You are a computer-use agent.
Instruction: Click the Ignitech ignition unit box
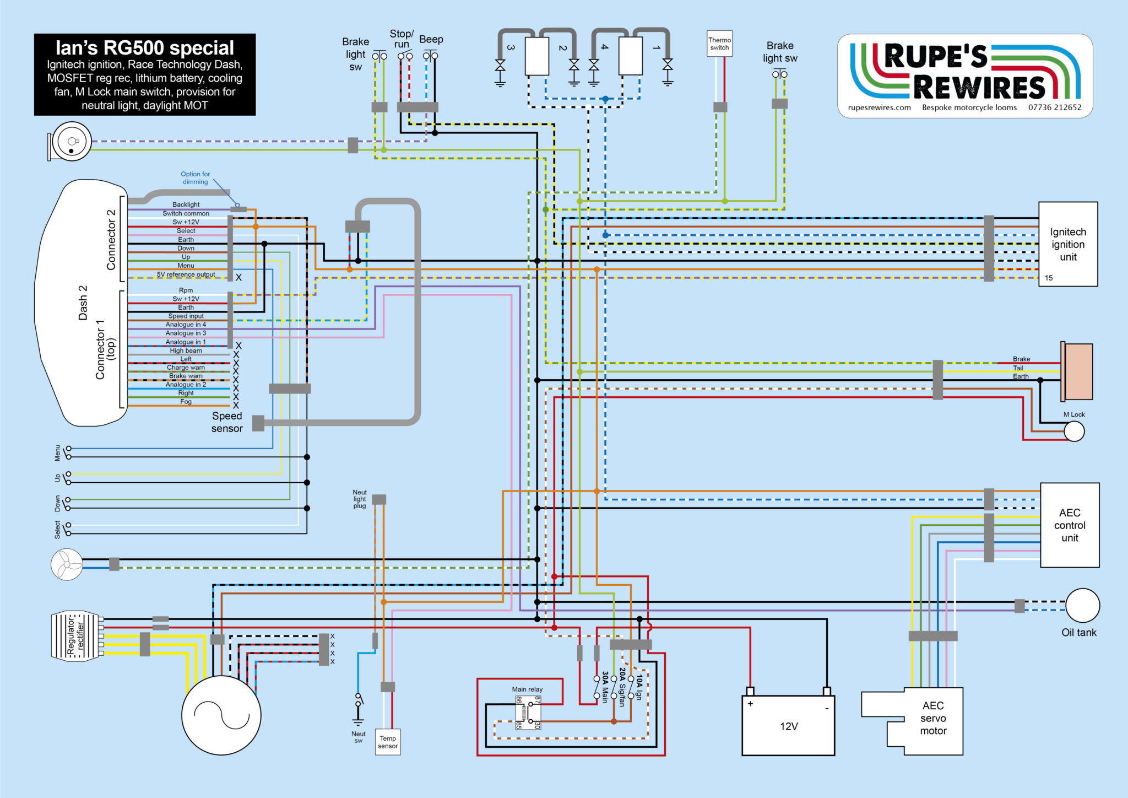pos(1067,244)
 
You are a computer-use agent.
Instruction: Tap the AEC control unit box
pos(1070,525)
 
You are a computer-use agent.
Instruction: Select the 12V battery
pos(788,725)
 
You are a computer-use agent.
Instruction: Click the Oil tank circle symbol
pos(1082,605)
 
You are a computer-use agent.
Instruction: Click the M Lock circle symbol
pos(1074,431)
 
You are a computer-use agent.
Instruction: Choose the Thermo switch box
pos(719,44)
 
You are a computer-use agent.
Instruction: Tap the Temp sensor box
pos(388,742)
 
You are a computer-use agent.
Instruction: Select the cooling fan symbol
pos(67,564)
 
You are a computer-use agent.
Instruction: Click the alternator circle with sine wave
pos(221,715)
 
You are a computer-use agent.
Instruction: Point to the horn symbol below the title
pos(70,142)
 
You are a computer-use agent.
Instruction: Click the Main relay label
pos(527,689)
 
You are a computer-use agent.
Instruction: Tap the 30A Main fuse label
pos(605,687)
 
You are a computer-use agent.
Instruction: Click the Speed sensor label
pos(227,422)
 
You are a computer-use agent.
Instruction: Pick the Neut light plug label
pos(360,499)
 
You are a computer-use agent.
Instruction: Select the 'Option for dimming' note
pos(195,177)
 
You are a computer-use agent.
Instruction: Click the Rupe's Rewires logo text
pos(964,72)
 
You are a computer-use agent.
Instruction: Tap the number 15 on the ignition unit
pos(1049,278)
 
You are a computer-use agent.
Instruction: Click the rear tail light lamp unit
pos(1077,371)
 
